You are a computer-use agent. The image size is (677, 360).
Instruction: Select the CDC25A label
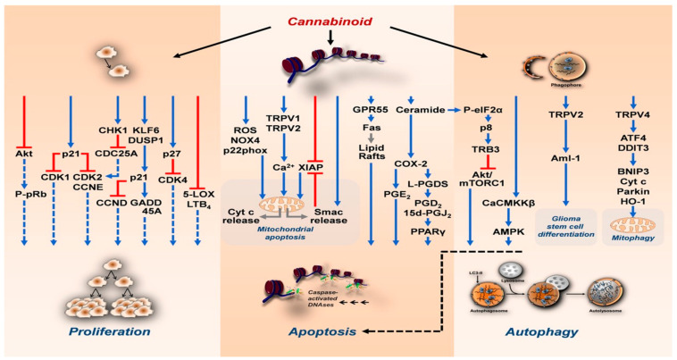click(x=117, y=153)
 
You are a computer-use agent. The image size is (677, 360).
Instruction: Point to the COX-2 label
click(x=408, y=163)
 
